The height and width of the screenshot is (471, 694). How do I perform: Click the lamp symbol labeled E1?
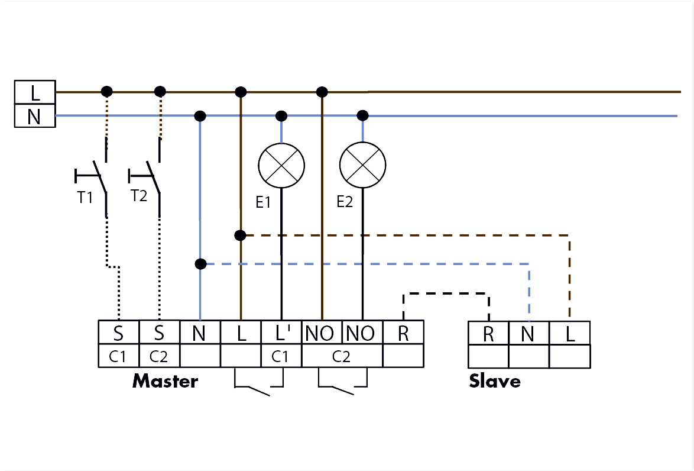tap(281, 165)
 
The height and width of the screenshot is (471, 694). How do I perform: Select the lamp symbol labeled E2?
tap(362, 165)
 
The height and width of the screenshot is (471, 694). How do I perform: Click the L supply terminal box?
tap(35, 92)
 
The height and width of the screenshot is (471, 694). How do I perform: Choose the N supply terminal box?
tap(35, 116)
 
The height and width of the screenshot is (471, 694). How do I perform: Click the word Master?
tap(165, 381)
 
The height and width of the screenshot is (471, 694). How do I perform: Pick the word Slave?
tap(495, 381)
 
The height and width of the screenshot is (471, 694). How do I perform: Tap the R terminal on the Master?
tap(403, 333)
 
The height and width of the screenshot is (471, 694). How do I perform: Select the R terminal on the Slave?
tap(488, 333)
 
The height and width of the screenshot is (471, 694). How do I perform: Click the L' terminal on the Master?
tap(281, 333)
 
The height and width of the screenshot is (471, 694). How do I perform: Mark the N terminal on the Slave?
tap(529, 333)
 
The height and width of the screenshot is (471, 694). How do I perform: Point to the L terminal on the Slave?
tap(570, 333)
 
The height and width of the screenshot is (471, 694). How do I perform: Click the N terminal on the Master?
tap(200, 333)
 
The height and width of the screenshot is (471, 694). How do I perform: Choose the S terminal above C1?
tap(119, 333)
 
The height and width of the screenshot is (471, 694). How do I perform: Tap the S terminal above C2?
tap(160, 333)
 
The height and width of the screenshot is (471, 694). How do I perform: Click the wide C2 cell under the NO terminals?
tap(342, 356)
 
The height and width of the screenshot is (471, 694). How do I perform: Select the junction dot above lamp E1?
tap(281, 116)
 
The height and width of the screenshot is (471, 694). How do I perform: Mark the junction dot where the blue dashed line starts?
tap(200, 264)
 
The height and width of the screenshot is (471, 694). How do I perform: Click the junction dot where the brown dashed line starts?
tap(241, 236)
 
